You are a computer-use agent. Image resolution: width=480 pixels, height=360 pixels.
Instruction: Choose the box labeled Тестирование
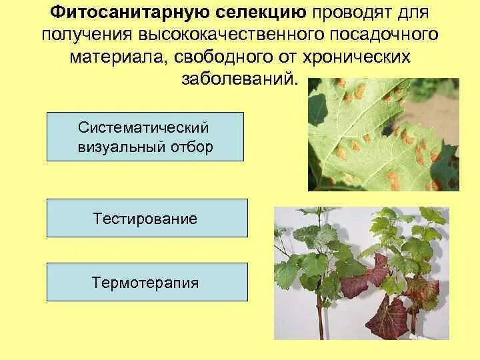(x=147, y=218)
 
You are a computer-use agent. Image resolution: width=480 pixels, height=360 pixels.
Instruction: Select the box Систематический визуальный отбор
(x=145, y=137)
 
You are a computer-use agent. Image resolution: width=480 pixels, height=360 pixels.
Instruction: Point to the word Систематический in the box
(x=145, y=127)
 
